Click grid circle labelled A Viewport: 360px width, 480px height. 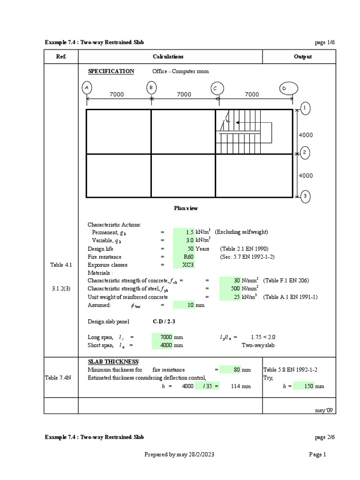pyautogui.click(x=87, y=88)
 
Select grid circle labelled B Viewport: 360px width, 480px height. pyautogui.click(x=151, y=88)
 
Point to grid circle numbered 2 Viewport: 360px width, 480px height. pyautogui.click(x=304, y=153)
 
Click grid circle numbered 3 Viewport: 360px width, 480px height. pyautogui.click(x=304, y=196)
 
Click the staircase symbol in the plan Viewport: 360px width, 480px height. pyautogui.click(x=244, y=131)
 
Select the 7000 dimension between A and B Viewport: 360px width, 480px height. pyautogui.click(x=117, y=95)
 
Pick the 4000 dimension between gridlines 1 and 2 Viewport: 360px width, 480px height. pyautogui.click(x=305, y=135)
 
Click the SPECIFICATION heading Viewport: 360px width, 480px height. pyautogui.click(x=111, y=71)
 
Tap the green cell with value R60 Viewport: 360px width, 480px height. pyautogui.click(x=184, y=257)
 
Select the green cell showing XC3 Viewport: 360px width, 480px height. pyautogui.click(x=184, y=265)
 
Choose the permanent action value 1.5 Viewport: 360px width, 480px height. pyautogui.click(x=184, y=232)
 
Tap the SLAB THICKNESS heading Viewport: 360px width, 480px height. pyautogui.click(x=113, y=362)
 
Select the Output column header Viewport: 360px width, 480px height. pyautogui.click(x=303, y=57)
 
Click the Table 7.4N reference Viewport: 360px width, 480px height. pyautogui.click(x=61, y=378)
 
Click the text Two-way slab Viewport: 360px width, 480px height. pyautogui.click(x=257, y=345)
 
